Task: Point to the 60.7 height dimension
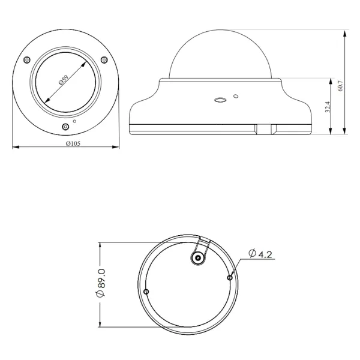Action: pos(341,84)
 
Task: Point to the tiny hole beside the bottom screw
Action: pos(74,122)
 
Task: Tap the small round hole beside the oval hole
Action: pos(236,95)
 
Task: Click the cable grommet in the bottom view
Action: pos(197,258)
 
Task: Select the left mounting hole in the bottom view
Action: pos(146,292)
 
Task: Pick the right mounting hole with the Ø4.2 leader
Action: pos(230,277)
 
